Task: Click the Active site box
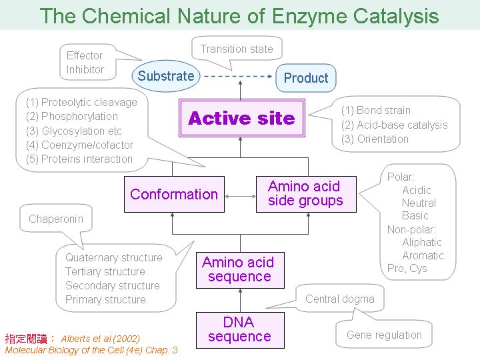242,118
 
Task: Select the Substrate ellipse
166,76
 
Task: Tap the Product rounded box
306,78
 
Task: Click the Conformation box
174,194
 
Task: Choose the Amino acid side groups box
306,194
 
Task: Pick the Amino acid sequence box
240,270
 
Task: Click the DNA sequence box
240,330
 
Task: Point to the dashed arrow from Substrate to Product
238,76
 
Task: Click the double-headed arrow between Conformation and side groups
240,196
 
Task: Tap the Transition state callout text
237,49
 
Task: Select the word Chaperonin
56,219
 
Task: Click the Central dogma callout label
340,299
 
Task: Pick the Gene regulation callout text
384,335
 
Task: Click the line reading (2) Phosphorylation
72,116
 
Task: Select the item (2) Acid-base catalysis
394,125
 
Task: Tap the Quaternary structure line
114,258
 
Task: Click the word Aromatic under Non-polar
423,255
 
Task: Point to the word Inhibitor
85,69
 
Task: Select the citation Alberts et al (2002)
101,339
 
